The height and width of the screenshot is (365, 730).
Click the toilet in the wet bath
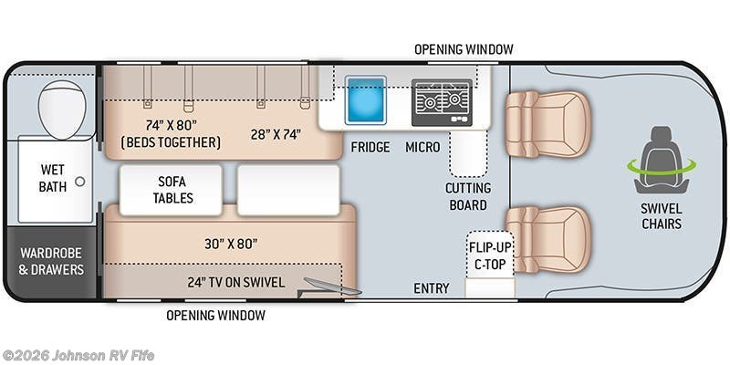(62, 109)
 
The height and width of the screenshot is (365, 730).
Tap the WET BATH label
(53, 178)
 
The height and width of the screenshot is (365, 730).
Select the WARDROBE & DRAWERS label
(51, 261)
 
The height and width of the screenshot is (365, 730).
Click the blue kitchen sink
(366, 99)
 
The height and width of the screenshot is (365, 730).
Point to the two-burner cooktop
(442, 102)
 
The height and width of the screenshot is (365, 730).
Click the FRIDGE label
(370, 147)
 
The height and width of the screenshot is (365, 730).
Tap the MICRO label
(422, 147)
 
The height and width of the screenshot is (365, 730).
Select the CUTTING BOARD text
(468, 196)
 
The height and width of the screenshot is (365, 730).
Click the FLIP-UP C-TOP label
(489, 256)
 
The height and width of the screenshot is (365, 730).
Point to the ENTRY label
(432, 288)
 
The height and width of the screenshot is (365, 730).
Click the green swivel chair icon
(661, 161)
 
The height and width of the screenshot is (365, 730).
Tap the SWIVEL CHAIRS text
(661, 216)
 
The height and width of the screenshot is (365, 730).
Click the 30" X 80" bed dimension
(231, 244)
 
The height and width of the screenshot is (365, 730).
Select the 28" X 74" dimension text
(275, 134)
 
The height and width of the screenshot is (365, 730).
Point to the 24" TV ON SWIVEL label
(236, 282)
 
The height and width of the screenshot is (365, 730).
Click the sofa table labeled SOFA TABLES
(171, 190)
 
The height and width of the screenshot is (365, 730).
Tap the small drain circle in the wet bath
(80, 182)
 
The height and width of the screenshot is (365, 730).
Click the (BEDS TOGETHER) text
(171, 142)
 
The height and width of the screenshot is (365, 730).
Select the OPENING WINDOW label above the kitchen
(464, 49)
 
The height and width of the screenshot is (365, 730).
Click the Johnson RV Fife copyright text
(78, 356)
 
